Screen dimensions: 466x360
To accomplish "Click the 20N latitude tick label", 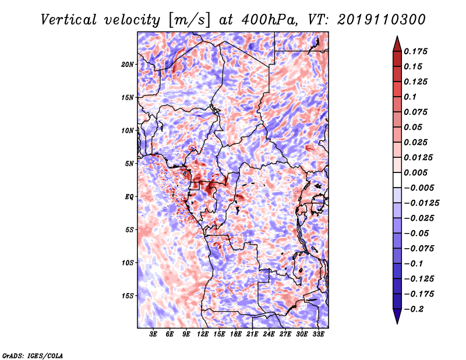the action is (x=128, y=65).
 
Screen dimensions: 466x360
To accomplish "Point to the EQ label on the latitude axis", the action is (x=129, y=197).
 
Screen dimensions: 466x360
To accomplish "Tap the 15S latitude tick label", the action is (x=128, y=296).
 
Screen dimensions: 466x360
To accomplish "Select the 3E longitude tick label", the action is (x=153, y=334).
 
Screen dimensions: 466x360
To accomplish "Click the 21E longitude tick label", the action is (x=252, y=334).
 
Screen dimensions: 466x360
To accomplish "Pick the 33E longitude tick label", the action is (x=318, y=334).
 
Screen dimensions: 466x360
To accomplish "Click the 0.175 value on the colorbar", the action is (x=415, y=51).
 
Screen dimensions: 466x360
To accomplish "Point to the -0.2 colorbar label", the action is (x=414, y=309).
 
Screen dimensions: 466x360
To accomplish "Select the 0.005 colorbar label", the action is (x=415, y=172).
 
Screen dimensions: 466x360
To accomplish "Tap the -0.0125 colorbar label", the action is (x=421, y=203).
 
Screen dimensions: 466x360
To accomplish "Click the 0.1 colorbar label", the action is (x=410, y=97).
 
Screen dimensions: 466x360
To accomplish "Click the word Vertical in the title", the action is (x=69, y=20).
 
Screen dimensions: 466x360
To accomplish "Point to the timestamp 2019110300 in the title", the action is (x=382, y=20).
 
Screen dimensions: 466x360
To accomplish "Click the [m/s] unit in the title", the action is (x=189, y=20).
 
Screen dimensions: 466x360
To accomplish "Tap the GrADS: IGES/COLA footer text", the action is (x=33, y=356).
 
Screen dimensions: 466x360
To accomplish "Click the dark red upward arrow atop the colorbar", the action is (x=397, y=44).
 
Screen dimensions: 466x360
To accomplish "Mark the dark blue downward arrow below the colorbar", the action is (x=397, y=316).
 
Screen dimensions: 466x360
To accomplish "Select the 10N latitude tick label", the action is (x=128, y=131).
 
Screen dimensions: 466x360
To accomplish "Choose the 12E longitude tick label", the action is (x=202, y=334).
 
